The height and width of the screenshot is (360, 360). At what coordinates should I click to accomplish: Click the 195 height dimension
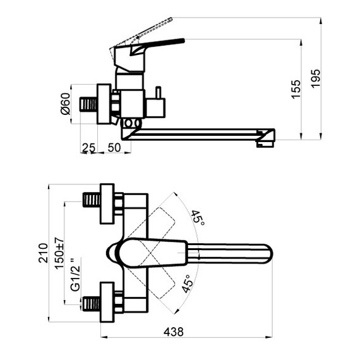316,78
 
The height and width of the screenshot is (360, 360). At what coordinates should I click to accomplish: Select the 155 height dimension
296,89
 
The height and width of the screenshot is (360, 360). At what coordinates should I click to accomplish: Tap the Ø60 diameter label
65,104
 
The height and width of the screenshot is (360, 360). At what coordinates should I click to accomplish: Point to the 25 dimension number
88,148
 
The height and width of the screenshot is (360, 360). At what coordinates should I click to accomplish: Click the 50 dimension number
114,148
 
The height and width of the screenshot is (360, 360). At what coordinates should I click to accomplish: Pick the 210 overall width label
43,253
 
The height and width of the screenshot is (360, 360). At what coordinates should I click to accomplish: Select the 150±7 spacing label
59,253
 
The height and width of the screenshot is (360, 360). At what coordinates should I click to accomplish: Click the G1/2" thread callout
76,274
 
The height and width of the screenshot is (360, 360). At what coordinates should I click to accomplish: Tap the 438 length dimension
174,332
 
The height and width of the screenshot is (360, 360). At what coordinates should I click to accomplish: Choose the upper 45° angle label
198,218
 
